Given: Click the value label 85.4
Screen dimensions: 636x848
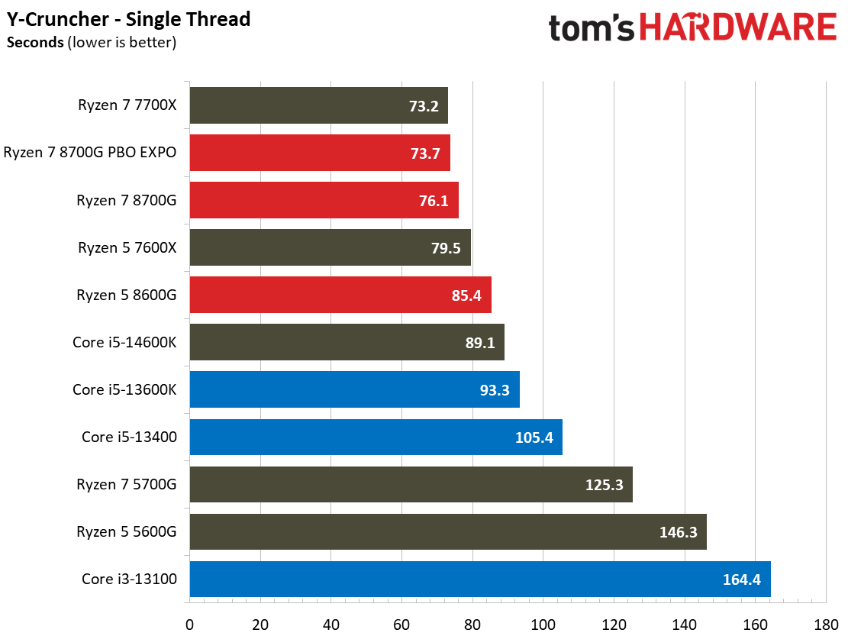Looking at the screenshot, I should [x=466, y=295].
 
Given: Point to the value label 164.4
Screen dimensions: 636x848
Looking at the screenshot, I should [x=741, y=580].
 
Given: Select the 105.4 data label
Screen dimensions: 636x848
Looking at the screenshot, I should [x=534, y=437].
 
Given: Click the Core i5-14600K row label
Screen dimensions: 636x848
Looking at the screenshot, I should [x=124, y=342].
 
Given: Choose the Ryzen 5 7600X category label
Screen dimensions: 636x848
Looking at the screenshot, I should [x=127, y=247].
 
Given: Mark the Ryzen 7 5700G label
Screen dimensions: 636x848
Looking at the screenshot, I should [x=126, y=484].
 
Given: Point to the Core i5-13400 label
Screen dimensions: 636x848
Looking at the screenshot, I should [x=129, y=437].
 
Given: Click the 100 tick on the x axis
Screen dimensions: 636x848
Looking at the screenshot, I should [x=543, y=623].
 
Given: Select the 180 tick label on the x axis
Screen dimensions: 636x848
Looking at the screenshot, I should [x=826, y=623].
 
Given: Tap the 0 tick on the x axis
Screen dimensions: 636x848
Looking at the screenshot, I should [x=189, y=623].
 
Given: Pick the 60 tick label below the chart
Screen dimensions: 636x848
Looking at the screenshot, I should [x=401, y=623].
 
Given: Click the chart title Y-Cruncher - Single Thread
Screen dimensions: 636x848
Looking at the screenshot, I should [x=129, y=18].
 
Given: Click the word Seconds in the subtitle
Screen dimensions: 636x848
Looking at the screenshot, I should [x=35, y=43].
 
